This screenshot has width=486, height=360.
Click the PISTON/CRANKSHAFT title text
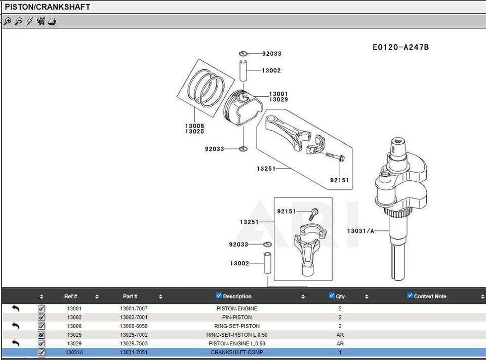48,7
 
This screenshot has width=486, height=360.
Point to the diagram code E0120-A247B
400,47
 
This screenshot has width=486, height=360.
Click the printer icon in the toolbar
52,21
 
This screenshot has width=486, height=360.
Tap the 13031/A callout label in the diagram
360,231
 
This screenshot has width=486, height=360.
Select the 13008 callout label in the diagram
194,126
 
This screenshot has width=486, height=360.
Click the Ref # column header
70,296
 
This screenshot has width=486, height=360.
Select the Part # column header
130,296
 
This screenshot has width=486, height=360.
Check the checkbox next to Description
219,296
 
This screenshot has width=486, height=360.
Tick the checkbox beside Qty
332,296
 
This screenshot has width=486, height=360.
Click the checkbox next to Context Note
410,296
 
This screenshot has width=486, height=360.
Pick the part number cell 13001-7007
134,308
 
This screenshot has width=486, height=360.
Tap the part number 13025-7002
134,335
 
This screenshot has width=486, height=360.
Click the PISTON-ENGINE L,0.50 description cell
236,343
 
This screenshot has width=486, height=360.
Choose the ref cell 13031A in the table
74,352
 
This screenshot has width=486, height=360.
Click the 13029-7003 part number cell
134,343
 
